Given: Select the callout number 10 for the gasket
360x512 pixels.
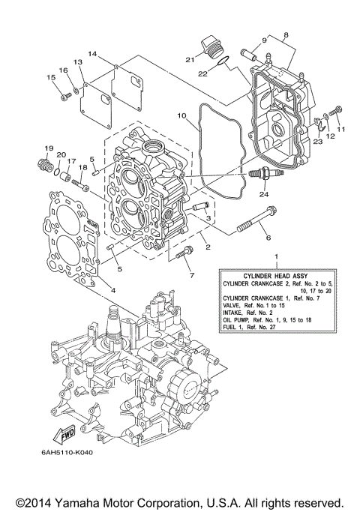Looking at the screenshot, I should tap(181, 116).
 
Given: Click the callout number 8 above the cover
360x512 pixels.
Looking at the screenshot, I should tap(286, 34).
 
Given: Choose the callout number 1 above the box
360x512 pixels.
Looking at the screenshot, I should tap(277, 257).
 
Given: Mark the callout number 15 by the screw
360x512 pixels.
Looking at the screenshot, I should tap(51, 78).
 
